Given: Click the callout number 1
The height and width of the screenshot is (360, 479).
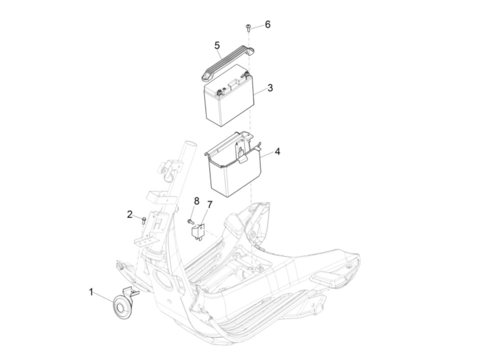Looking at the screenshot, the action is pyautogui.click(x=91, y=292).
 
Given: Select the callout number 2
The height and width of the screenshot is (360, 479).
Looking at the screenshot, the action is pyautogui.click(x=130, y=215).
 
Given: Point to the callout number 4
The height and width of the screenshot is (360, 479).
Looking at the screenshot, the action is pyautogui.click(x=277, y=151).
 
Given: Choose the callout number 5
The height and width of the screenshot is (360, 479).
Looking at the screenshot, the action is pyautogui.click(x=217, y=46).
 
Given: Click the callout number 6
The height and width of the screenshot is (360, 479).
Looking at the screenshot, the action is pyautogui.click(x=268, y=24).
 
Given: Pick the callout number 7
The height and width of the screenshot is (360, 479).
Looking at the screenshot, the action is pyautogui.click(x=209, y=205).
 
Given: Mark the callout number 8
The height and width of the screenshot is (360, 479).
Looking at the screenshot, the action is pyautogui.click(x=197, y=201).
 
